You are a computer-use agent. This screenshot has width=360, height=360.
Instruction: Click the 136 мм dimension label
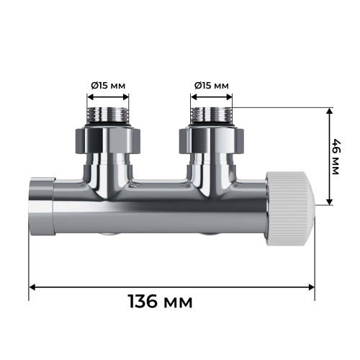(x=160, y=300)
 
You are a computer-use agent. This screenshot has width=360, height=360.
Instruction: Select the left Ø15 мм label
(x=108, y=86)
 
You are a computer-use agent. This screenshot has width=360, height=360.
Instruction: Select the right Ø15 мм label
(x=211, y=86)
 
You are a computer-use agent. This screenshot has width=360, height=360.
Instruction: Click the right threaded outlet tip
(x=211, y=115)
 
